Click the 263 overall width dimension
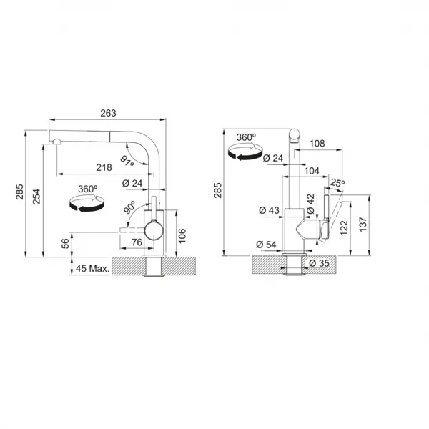[108, 113]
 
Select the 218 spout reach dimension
[104, 167]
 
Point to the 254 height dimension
[36, 197]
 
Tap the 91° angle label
[127, 161]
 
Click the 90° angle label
[129, 207]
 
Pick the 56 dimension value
[65, 244]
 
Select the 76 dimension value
[137, 242]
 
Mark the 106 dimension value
[182, 235]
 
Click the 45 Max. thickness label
[92, 268]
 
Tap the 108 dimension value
[317, 144]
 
